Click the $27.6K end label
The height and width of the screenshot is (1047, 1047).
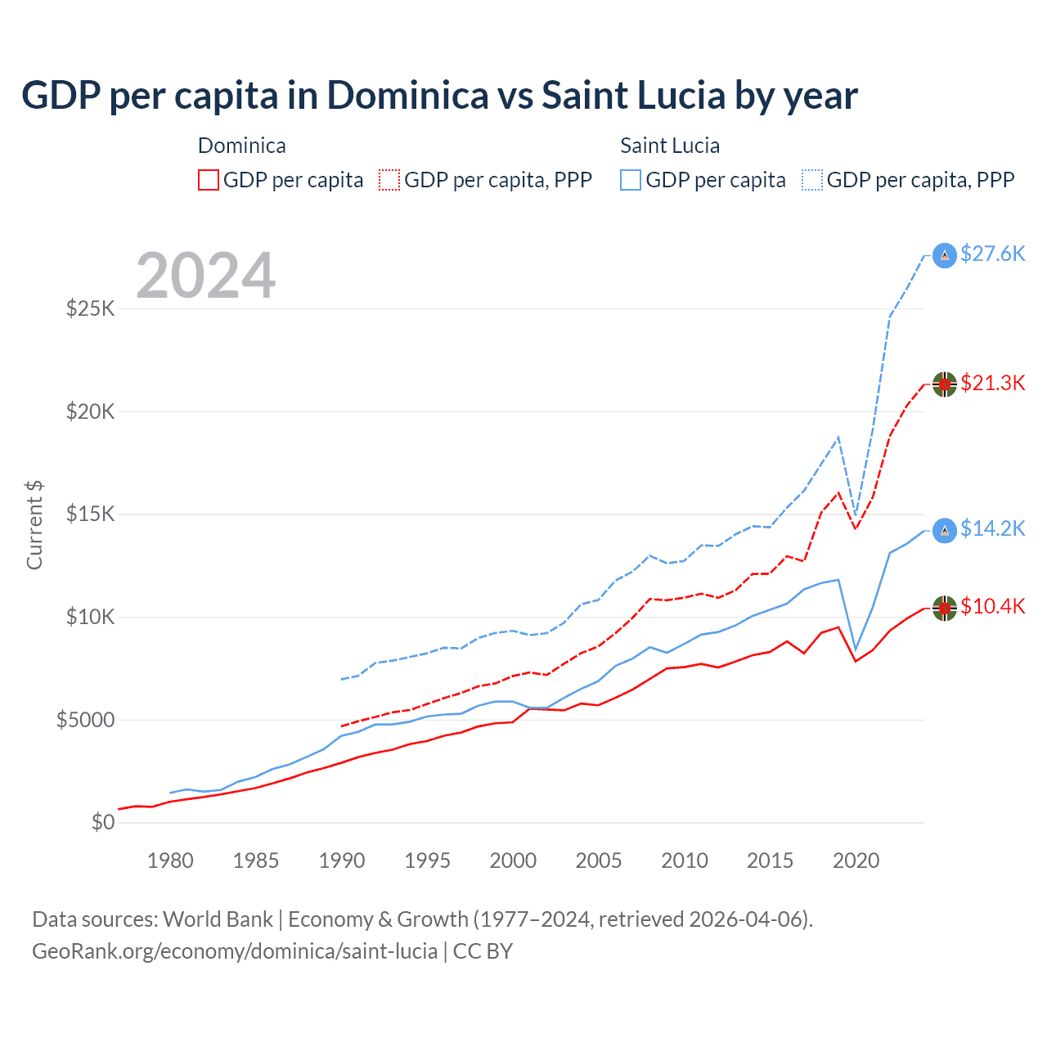coord(992,254)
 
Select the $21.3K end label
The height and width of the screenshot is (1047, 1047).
coord(992,383)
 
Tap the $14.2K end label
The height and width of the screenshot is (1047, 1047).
coord(992,529)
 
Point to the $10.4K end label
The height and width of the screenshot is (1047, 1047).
coord(992,607)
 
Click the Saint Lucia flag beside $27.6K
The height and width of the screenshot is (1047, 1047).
coord(945,256)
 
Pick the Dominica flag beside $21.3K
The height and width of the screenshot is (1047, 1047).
coord(945,384)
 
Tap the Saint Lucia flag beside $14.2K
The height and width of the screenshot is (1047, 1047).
coord(945,531)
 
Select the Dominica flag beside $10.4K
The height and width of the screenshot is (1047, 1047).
coord(945,609)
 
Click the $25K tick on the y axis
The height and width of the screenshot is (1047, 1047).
coord(90,309)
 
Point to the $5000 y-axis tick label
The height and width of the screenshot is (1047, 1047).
coord(85,721)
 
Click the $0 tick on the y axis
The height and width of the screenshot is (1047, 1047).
coord(102,823)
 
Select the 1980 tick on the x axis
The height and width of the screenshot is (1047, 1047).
coord(170,861)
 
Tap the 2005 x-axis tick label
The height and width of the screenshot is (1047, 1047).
coord(599,861)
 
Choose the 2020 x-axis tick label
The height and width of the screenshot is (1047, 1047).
coord(856,861)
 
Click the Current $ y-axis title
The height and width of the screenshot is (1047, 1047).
coord(34,525)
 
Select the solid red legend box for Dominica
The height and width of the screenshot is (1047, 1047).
coord(209,180)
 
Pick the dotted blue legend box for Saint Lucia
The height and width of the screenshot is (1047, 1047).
coord(812,180)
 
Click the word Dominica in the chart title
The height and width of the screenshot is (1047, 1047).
coord(407,96)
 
